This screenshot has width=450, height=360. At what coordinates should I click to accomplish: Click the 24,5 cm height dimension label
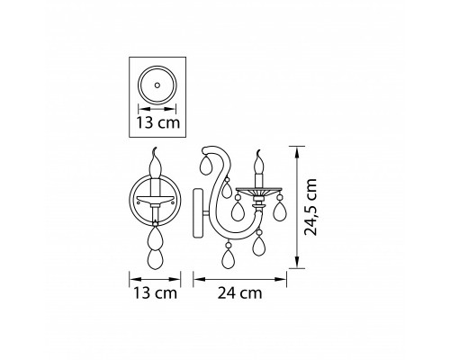point(310,207)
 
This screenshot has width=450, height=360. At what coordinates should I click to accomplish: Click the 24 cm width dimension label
point(239,292)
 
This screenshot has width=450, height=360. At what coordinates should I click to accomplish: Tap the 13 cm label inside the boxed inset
point(158,122)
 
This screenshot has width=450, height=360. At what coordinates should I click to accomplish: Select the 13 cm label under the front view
point(155,292)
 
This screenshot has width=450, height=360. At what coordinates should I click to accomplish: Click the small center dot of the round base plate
point(157,85)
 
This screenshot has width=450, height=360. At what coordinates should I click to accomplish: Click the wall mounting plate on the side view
point(198,213)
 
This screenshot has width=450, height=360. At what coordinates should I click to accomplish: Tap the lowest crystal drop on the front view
point(156,259)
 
